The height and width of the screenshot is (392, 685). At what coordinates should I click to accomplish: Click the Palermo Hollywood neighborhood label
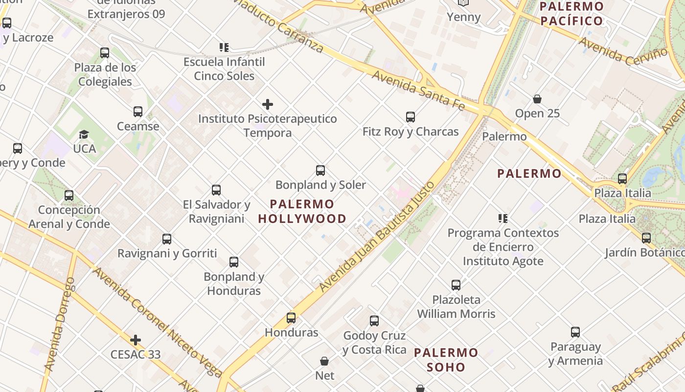coord(302,211)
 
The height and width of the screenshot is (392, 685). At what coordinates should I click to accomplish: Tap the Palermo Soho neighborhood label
coord(446,360)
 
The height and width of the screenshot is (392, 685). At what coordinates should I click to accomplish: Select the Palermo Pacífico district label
coord(571,14)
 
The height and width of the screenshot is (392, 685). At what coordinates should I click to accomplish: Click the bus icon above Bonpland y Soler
coord(320,171)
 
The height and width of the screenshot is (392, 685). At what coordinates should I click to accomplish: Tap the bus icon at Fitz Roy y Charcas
coord(411,117)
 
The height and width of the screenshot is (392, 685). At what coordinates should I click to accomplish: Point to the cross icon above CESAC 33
coord(136,340)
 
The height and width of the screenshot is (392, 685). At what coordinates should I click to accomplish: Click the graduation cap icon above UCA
coord(84,134)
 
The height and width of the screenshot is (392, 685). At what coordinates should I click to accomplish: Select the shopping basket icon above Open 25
coord(537,99)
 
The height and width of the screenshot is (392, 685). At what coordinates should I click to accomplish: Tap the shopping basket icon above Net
coord(324,362)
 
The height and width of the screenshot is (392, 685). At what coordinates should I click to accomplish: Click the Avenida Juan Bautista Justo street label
coord(376,237)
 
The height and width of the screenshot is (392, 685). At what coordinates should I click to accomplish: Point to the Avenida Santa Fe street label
coord(418,90)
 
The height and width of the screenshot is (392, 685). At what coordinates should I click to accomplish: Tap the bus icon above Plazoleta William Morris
coord(456,285)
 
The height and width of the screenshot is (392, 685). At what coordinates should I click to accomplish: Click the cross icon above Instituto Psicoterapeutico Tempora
coord(268,104)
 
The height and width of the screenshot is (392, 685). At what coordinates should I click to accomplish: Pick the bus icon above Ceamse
coord(138,112)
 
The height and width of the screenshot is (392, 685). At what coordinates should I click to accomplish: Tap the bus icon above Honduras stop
coord(291,318)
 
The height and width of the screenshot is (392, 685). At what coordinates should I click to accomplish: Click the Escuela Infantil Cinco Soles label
coord(224,69)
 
